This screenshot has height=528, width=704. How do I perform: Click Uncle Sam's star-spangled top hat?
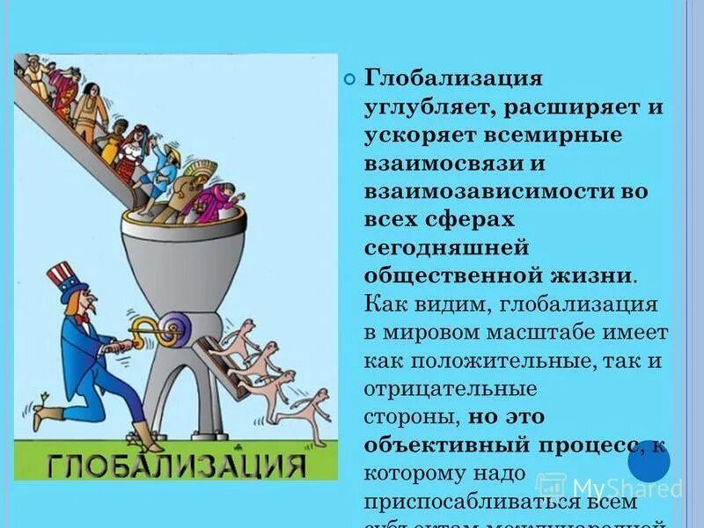(x=62, y=279)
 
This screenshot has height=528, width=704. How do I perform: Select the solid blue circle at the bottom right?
(x=649, y=460)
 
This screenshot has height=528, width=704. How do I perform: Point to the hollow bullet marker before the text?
(x=348, y=79)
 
